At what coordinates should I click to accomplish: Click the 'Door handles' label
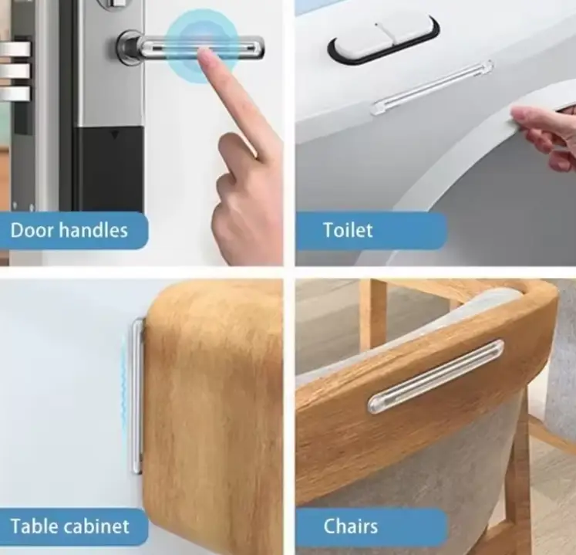click(69, 231)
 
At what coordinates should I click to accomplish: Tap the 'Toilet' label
click(348, 230)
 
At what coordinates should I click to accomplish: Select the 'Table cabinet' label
click(70, 526)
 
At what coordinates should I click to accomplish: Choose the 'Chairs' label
click(350, 526)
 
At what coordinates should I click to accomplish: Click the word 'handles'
click(93, 231)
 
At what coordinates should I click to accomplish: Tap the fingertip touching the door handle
click(207, 56)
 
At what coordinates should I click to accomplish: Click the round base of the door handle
click(129, 47)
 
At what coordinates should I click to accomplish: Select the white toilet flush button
click(384, 39)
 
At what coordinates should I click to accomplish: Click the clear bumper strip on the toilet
click(432, 86)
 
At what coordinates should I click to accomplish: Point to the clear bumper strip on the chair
click(436, 376)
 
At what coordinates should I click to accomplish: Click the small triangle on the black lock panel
click(116, 136)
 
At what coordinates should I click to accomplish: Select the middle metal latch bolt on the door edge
click(15, 71)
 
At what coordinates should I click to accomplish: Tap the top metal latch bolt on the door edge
click(15, 49)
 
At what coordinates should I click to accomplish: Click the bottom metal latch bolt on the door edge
click(15, 93)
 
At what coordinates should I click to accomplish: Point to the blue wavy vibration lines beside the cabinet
click(123, 389)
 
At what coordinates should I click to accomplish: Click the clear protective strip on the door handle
click(202, 48)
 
